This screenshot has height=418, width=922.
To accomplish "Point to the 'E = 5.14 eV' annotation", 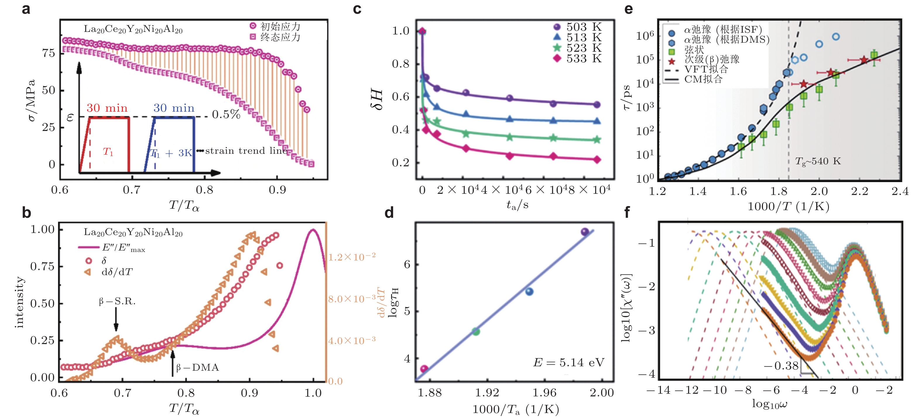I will pos(568,362).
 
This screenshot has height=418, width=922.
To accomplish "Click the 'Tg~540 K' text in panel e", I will pos(818,161).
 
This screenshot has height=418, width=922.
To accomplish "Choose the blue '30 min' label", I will pos(174,108).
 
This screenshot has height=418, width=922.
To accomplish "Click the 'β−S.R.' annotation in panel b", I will pos(117,302).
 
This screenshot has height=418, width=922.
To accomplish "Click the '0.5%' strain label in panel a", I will pos(226,114).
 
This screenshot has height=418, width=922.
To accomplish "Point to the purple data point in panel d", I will pos(585,232).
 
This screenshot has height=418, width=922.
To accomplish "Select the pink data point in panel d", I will pos(424,369).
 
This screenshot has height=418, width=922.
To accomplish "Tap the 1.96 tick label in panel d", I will pos(544,393).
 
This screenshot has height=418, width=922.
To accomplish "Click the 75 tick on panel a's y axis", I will pos(49,53).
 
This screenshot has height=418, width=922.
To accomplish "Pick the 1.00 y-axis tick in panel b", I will pos(42,229).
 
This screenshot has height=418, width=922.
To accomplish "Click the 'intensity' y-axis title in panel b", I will pos(19,302).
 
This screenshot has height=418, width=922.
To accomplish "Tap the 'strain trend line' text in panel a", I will pos(246,151).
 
